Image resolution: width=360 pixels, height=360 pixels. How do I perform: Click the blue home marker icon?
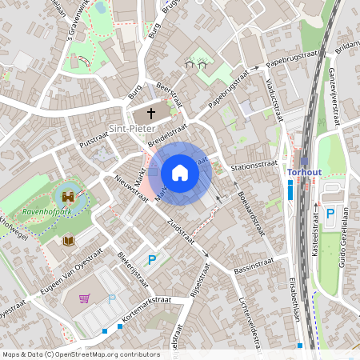[x=180, y=173]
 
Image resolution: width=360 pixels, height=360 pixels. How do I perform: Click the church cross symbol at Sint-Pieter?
[x=152, y=114]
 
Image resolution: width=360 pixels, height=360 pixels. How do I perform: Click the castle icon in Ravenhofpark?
[x=68, y=195]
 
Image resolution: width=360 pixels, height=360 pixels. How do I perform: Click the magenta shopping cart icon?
[x=84, y=298]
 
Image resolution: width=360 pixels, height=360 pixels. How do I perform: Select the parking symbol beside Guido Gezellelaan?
[x=330, y=214]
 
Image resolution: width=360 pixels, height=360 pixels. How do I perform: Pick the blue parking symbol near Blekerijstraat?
[x=150, y=259]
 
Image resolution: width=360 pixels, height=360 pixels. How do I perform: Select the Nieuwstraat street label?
[x=131, y=190]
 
